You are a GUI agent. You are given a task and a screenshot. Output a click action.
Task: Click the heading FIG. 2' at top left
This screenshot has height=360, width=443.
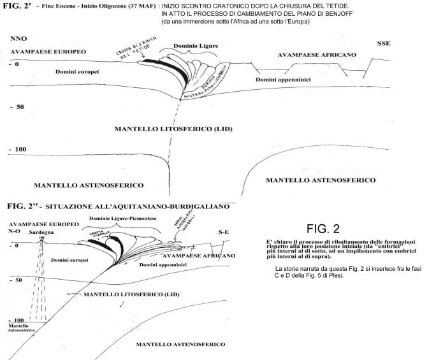(18, 5)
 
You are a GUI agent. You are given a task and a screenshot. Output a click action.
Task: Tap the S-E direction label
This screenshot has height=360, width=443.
(224, 233)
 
